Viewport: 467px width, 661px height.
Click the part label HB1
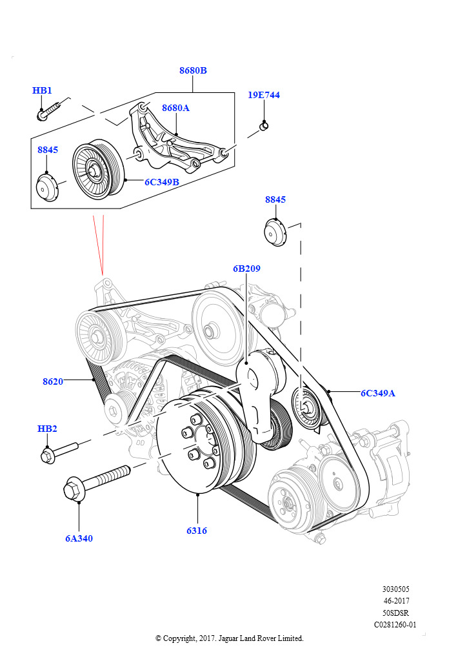[42, 90]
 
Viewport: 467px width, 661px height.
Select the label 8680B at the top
[193, 70]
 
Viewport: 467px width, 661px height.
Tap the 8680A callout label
[175, 108]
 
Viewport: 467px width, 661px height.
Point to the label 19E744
[264, 95]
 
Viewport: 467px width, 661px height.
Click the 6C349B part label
[161, 182]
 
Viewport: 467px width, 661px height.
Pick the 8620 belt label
[53, 381]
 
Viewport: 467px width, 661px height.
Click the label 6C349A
[377, 392]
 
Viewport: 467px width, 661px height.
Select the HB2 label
[47, 429]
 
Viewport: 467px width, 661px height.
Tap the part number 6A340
[79, 538]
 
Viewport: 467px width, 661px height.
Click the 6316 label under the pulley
[197, 531]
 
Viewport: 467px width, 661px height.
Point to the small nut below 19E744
[263, 125]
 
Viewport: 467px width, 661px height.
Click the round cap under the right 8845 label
[275, 232]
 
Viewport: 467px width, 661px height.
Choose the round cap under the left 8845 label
[47, 188]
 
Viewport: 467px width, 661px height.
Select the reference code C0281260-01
[395, 625]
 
